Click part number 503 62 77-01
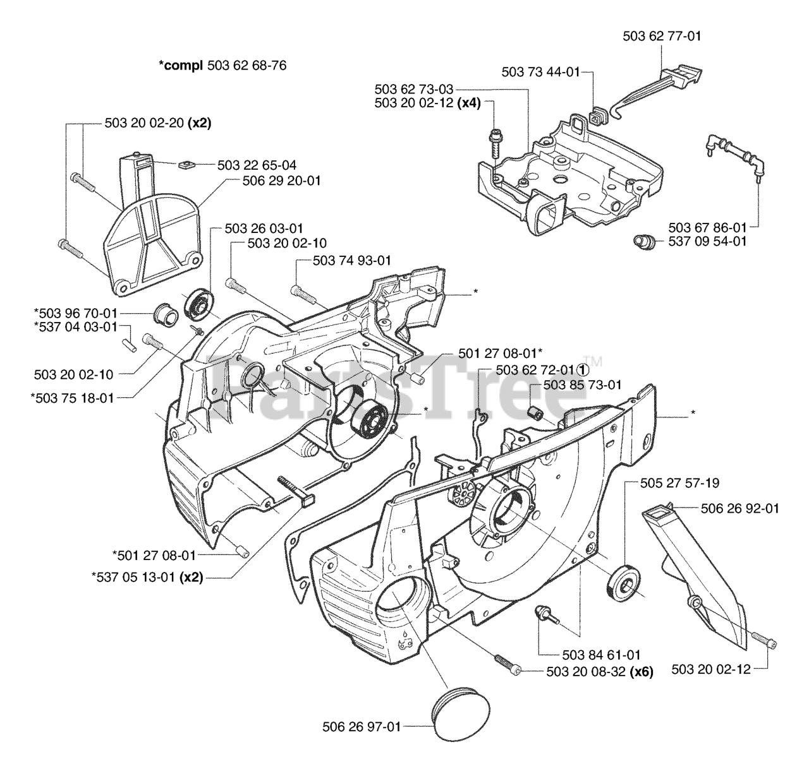662,37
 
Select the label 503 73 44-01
540,72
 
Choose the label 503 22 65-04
257,165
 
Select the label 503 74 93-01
352,260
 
